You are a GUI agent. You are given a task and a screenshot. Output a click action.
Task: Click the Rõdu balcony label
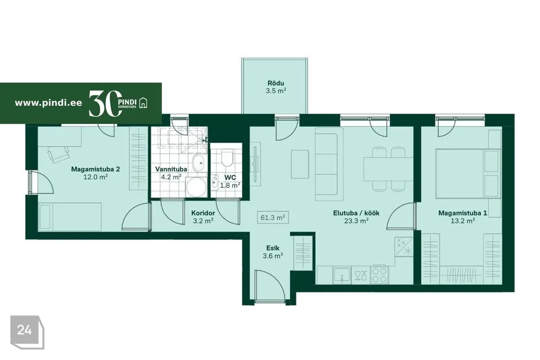coord(276,83)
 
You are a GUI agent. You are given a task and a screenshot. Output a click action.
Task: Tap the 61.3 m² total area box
coord(272,217)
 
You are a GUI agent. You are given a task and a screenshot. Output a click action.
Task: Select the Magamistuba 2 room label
coord(96,169)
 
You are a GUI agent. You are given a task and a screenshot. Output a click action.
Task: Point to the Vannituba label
coord(171,169)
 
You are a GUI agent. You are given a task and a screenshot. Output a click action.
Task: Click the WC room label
coord(230,177)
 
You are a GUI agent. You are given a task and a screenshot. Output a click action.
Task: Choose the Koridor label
coord(203,213)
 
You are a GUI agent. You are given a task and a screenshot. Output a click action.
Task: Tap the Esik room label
coord(273,248)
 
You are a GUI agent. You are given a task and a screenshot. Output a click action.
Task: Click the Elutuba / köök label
coord(356,213)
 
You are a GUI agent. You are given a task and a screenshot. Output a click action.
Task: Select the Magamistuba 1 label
coord(462,213)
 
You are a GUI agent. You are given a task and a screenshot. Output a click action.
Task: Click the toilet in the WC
coord(227,157)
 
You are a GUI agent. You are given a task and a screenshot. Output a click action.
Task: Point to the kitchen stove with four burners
coord(379,274)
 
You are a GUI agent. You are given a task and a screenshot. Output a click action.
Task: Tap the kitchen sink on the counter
coord(341,275)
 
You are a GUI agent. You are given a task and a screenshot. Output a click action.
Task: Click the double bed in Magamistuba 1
coord(467,173)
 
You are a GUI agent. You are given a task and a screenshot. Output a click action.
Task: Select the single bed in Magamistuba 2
coord(70,217)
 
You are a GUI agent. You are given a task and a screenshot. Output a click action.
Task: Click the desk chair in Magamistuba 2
coord(58,154)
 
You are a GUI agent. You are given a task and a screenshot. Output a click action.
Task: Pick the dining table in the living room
coord(388,169)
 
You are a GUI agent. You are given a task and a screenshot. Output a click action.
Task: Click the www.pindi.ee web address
coord(48,103)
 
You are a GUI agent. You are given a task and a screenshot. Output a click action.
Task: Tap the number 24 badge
coord(24,330)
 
